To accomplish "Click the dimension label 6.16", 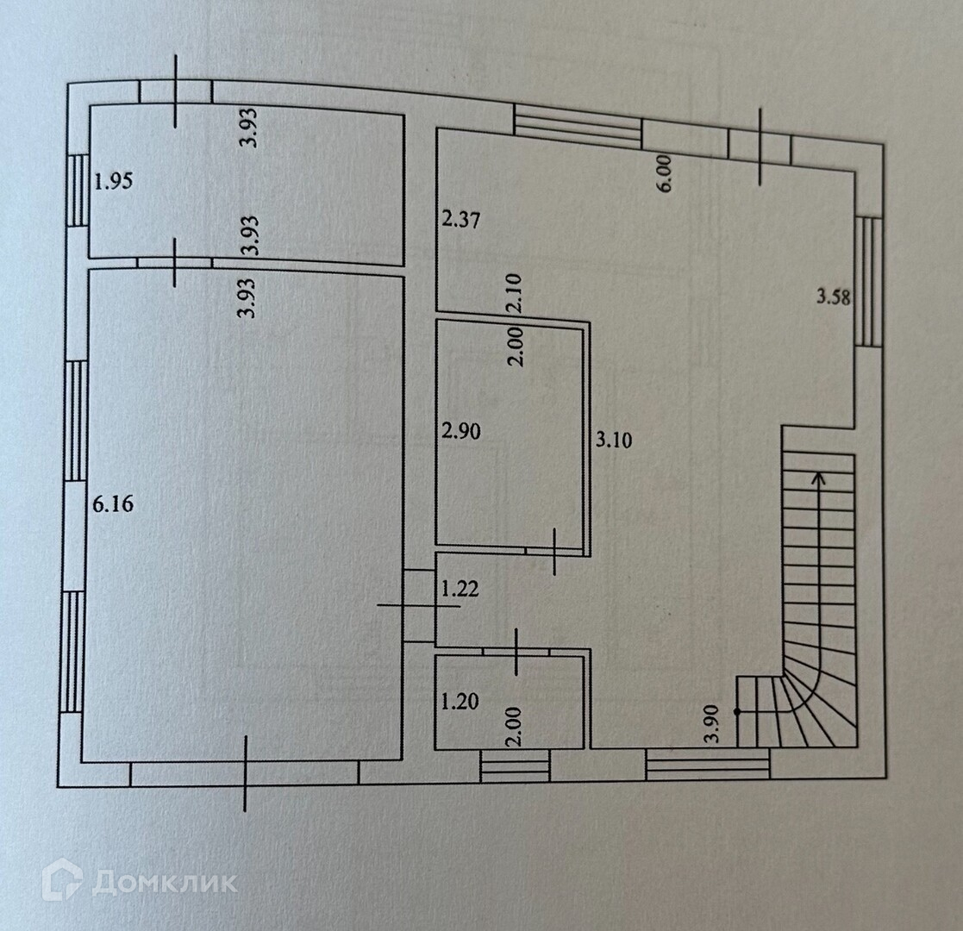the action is point(112,505).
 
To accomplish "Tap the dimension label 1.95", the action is point(114,182).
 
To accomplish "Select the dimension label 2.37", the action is point(460,220).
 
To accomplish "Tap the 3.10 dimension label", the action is point(615,441).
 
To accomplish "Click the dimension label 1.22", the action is point(460,590).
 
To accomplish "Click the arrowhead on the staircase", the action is point(817,476).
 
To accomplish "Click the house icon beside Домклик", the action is point(62,881).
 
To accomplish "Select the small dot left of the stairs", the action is point(737,711).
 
